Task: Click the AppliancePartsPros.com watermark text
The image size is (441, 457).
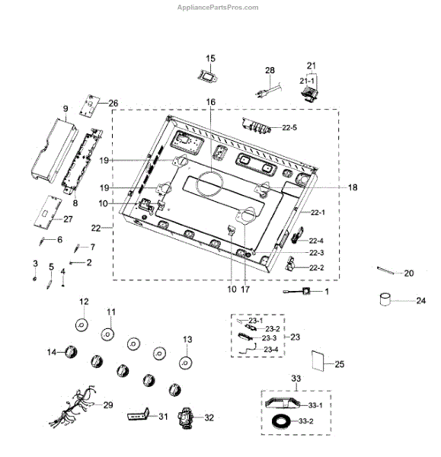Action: pos(218,8)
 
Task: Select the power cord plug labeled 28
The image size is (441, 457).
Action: pos(268,89)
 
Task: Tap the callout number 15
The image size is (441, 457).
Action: pos(210,59)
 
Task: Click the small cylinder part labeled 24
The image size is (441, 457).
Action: pos(385,299)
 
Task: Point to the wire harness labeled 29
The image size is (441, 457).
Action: pos(73,405)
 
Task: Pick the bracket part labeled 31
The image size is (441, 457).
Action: pos(139,414)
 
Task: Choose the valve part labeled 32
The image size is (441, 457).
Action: pos(186,418)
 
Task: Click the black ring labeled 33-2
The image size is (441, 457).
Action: pos(281,421)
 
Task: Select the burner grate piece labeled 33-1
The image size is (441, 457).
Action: pos(283,403)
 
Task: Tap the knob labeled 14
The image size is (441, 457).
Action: pos(71,352)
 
